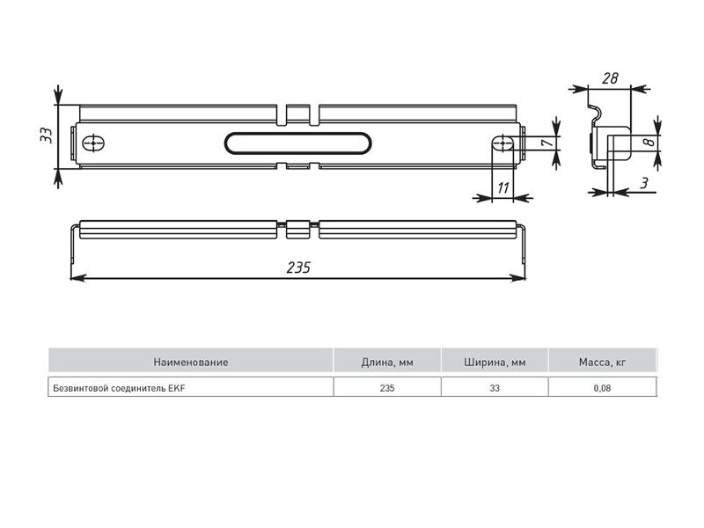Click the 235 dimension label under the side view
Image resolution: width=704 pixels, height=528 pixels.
point(298,268)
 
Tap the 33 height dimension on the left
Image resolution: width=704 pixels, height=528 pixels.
point(47,136)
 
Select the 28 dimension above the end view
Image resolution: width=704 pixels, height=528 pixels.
point(610,78)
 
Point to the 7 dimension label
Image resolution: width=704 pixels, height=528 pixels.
point(547,143)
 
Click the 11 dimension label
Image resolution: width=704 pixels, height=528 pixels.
point(503,187)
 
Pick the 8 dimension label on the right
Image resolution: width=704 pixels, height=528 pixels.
point(648,142)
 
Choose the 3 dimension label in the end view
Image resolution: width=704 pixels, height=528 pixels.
point(644,183)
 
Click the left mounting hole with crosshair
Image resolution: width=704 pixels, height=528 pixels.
point(93,143)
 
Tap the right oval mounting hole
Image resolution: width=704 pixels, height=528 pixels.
point(503,143)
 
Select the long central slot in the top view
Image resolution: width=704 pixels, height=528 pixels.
point(298,143)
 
